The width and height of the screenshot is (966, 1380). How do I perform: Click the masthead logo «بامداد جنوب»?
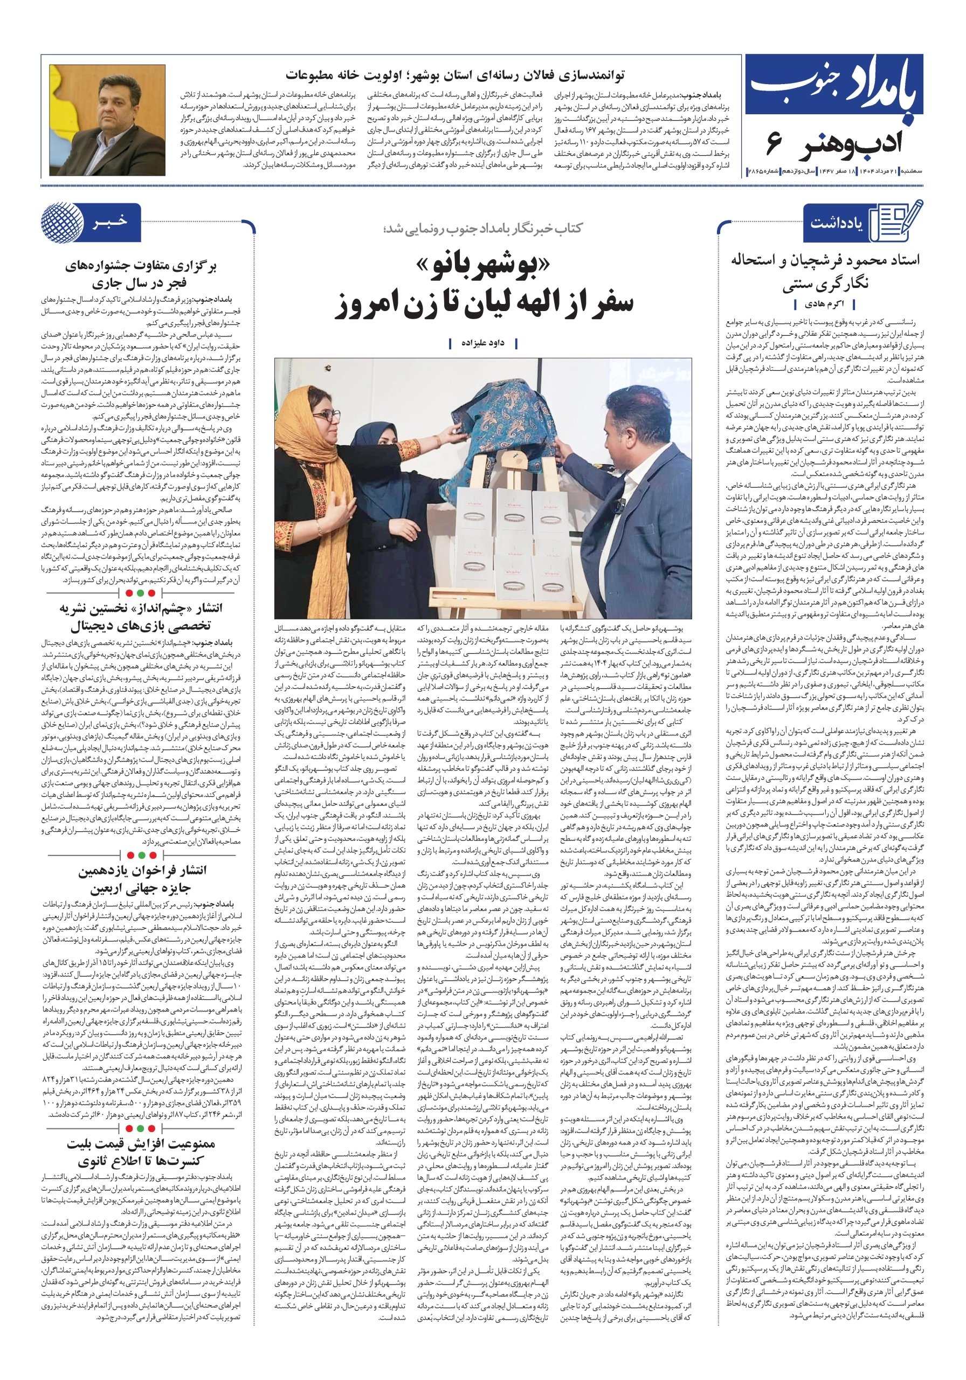tap(834, 84)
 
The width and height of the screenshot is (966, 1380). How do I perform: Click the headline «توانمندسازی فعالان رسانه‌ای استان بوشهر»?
tap(454, 75)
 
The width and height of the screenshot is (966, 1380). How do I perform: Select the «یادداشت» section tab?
tap(836, 223)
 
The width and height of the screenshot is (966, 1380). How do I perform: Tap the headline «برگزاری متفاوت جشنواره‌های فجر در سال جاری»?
tap(141, 273)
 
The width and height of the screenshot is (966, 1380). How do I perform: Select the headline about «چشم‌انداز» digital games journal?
tap(141, 617)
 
